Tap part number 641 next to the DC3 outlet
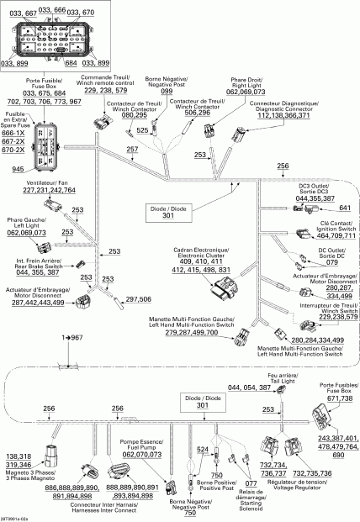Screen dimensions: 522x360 click(x=343, y=208)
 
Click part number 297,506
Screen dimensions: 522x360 click(x=138, y=298)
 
